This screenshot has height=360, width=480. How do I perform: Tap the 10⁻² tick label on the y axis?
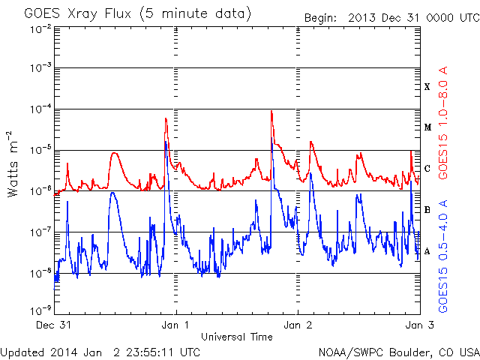[x=40, y=28]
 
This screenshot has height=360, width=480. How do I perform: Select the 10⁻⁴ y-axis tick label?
[x=40, y=109]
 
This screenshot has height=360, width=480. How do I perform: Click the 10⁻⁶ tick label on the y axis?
[x=40, y=190]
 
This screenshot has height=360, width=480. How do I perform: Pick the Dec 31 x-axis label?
[x=54, y=325]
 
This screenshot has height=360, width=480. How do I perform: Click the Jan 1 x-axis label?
[x=176, y=325]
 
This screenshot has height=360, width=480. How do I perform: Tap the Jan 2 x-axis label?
[x=298, y=325]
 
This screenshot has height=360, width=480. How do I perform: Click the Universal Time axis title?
[x=236, y=337]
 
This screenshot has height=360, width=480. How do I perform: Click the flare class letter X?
[x=427, y=87]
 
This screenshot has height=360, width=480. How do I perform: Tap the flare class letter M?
[x=427, y=127]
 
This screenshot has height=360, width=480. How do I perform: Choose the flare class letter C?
[x=427, y=169]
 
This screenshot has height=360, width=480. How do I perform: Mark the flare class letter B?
[x=427, y=210]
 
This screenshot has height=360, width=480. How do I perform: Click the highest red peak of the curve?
[x=271, y=112]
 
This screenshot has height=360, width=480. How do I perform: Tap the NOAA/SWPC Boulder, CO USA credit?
[x=397, y=351]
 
